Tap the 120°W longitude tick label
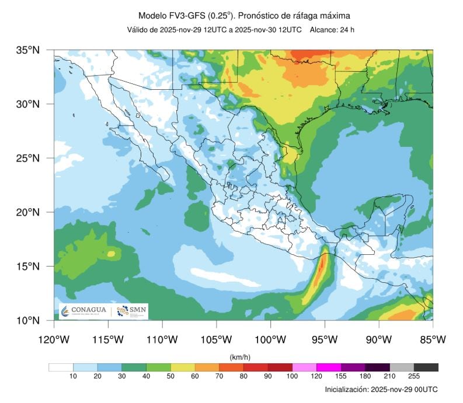pyautogui.click(x=54, y=339)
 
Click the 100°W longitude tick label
pyautogui.click(x=270, y=339)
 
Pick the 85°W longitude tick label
pyautogui.click(x=433, y=339)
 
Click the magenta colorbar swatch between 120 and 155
pyautogui.click(x=329, y=367)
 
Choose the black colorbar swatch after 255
pyautogui.click(x=426, y=367)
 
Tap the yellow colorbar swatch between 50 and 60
pyautogui.click(x=182, y=367)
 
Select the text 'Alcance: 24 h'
pyautogui.click(x=332, y=30)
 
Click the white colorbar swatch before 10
pyautogui.click(x=61, y=367)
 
